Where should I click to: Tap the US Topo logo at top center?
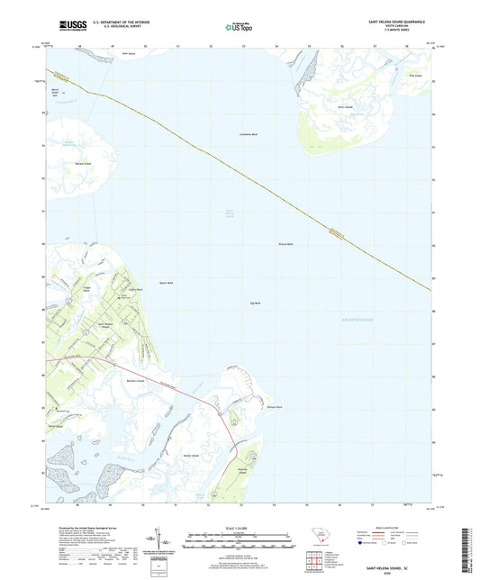pos(239,27)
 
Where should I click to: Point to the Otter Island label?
pos(344,106)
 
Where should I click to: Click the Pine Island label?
pos(415,76)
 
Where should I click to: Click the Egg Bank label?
pos(255,303)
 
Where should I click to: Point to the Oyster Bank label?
pos(166,283)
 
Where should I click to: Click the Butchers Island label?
pos(136,383)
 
